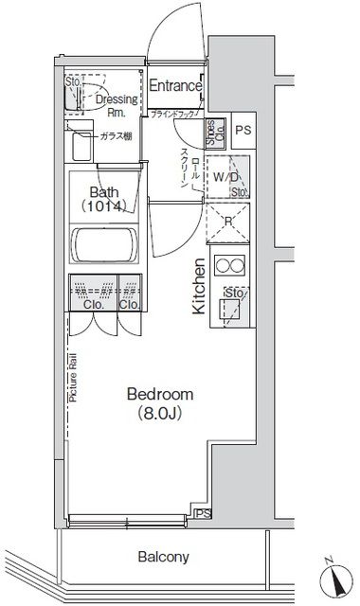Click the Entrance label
click(x=175, y=86)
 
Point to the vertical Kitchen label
click(x=199, y=286)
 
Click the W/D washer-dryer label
click(x=225, y=176)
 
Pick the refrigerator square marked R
click(x=228, y=224)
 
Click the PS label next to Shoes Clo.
click(x=243, y=131)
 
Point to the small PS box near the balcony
click(x=200, y=514)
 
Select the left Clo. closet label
click(x=93, y=305)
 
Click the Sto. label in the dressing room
click(x=72, y=82)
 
